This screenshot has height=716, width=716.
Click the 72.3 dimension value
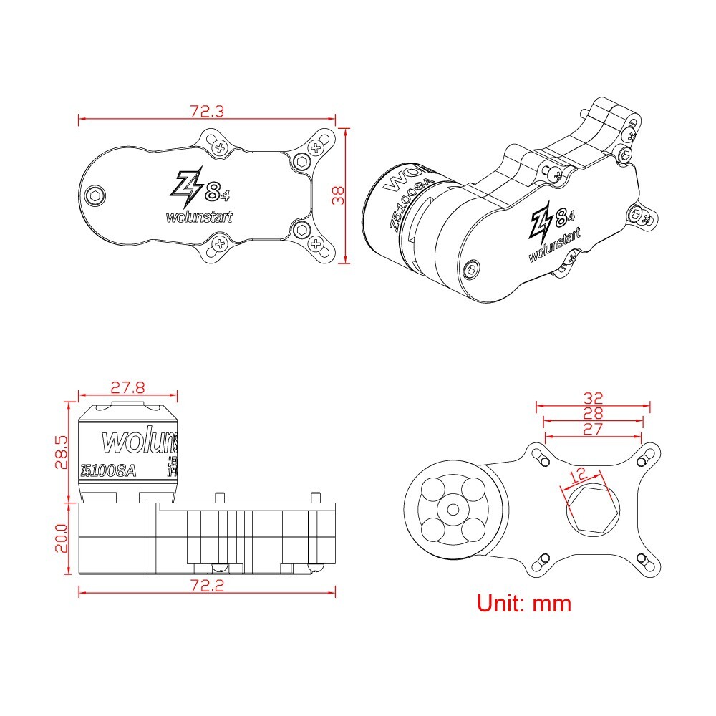[x=206, y=111]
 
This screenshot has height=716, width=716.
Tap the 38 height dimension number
[x=339, y=195]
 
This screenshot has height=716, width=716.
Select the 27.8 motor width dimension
[x=127, y=387]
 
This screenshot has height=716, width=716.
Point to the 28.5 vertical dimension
[x=63, y=453]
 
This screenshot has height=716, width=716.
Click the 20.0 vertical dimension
[x=63, y=538]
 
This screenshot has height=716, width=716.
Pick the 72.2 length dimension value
[x=207, y=586]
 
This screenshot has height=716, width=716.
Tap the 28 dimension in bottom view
[x=593, y=413]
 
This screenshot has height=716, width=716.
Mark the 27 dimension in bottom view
[x=593, y=429]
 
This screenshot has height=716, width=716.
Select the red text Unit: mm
[x=524, y=604]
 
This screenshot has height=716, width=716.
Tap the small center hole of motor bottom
[x=453, y=509]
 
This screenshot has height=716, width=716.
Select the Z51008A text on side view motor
[x=108, y=470]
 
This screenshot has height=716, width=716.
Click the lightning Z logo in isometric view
[x=541, y=223]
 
